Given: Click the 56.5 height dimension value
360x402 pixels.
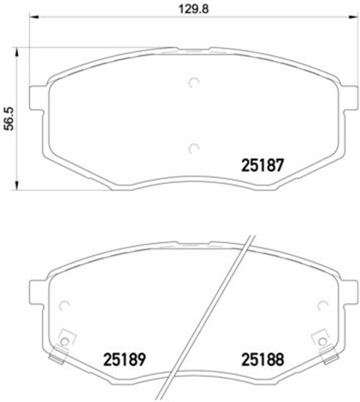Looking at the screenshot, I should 9,116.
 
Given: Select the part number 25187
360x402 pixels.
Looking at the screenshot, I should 264,165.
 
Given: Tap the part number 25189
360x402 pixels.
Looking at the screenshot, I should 124,360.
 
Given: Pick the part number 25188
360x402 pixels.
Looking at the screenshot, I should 263,360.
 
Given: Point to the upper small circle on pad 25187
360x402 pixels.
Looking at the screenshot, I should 194,81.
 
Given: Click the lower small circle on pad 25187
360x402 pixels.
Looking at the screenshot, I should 194,148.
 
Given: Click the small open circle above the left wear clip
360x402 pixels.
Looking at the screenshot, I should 63,305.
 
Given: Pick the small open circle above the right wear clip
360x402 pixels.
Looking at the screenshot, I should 323,305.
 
